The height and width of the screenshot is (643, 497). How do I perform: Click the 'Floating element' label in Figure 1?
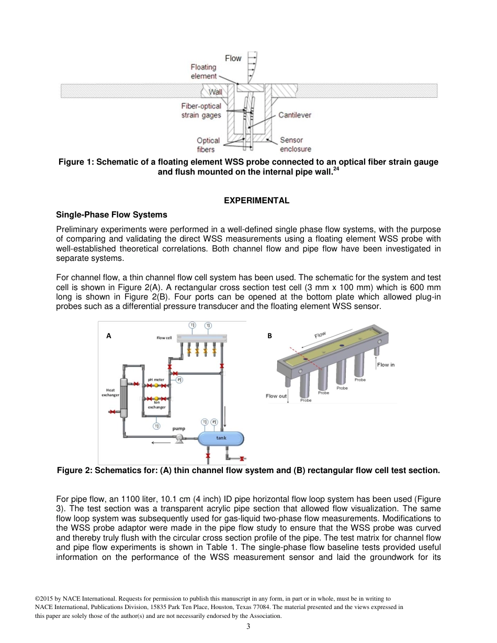(x=204, y=71)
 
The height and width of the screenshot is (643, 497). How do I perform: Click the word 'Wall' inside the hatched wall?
(x=216, y=93)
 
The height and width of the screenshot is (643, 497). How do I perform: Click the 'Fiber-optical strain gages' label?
(x=201, y=110)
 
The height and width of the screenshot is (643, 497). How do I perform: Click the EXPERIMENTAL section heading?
(x=256, y=201)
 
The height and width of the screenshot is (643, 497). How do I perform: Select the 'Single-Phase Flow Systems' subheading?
(x=111, y=214)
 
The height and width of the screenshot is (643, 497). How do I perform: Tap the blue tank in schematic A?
(x=221, y=438)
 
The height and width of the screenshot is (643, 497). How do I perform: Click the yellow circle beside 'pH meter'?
(x=156, y=385)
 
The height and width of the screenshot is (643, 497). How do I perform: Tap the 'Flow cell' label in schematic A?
(x=164, y=338)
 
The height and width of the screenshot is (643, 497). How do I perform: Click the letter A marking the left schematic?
(x=109, y=336)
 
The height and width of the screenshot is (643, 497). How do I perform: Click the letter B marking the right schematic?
(x=270, y=336)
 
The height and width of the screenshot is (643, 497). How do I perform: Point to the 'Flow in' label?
(x=386, y=365)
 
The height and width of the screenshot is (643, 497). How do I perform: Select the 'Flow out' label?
(x=276, y=396)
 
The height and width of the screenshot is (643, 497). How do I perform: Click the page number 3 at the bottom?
(x=249, y=627)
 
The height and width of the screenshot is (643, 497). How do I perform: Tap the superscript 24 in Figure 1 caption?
(x=336, y=168)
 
